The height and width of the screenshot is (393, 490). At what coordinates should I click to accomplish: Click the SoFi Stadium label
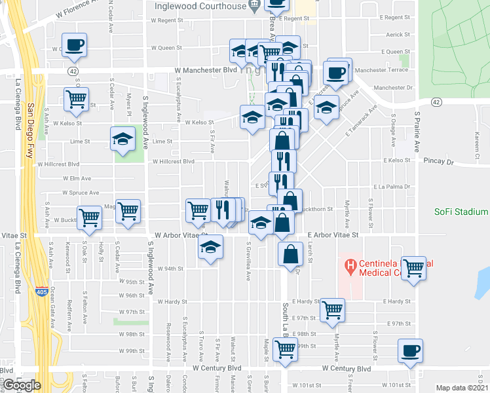[461, 212]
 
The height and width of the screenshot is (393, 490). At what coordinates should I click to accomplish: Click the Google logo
[22, 384]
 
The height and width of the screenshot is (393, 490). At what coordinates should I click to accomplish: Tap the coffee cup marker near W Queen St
[75, 45]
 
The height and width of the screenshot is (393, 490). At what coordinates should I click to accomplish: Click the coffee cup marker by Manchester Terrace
[337, 72]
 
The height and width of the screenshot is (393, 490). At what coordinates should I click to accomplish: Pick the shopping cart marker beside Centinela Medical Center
[413, 267]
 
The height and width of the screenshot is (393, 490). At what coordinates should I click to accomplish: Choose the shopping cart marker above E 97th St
[333, 310]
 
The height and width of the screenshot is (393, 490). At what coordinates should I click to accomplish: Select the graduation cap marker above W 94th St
[211, 247]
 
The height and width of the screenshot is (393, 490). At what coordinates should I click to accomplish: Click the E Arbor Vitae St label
[333, 234]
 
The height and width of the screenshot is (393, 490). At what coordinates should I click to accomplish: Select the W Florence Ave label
[78, 12]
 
